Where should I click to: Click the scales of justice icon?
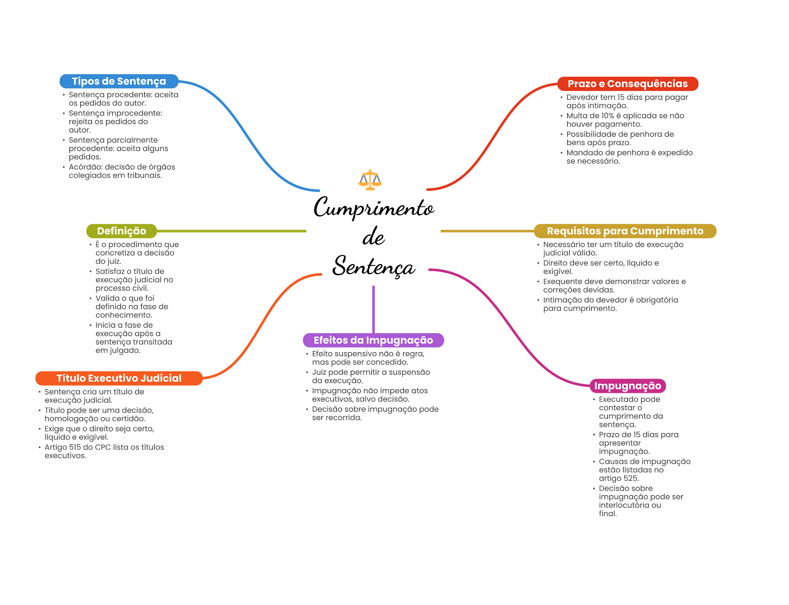pyautogui.click(x=370, y=180)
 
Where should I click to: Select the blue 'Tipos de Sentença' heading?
pyautogui.click(x=119, y=81)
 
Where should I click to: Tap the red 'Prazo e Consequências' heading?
pyautogui.click(x=628, y=84)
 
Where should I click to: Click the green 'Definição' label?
pyautogui.click(x=122, y=231)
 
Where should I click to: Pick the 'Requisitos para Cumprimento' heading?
pyautogui.click(x=625, y=231)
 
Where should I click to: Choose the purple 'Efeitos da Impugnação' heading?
pyautogui.click(x=373, y=340)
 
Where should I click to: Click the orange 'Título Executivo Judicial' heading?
pyautogui.click(x=119, y=378)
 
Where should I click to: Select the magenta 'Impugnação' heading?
pyautogui.click(x=628, y=386)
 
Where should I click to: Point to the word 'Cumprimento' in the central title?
pyautogui.click(x=374, y=208)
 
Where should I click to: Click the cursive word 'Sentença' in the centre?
pyautogui.click(x=374, y=266)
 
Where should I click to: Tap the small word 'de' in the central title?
pyautogui.click(x=373, y=236)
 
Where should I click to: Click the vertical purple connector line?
pyautogui.click(x=373, y=309)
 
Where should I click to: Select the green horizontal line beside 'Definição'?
pyautogui.click(x=232, y=231)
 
